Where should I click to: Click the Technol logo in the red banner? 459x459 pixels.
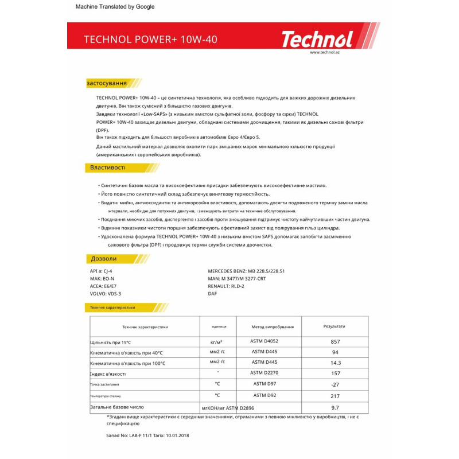coord(316,39)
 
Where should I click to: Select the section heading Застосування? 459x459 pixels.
coord(107,83)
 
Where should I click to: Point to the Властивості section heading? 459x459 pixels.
coord(107,168)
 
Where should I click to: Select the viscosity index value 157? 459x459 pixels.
coord(336,373)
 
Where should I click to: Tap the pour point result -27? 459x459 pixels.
coord(336,384)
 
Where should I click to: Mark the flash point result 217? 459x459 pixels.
coord(336,396)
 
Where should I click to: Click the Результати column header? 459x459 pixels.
coord(334,326)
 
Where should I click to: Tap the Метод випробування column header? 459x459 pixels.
coord(273,326)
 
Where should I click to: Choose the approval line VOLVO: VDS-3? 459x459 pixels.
coord(106,293)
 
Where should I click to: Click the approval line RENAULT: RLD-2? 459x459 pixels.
coord(226,285)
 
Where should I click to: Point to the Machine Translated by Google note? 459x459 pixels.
coord(115,7)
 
